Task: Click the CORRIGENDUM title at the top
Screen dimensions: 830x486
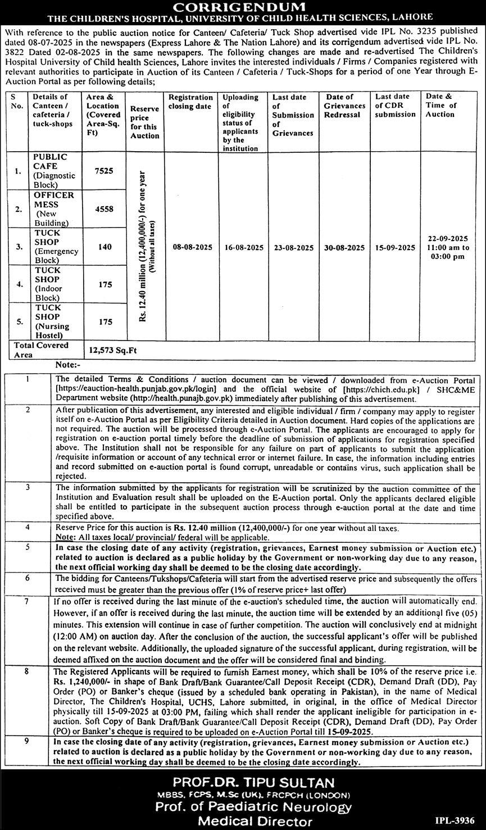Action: pyautogui.click(x=243, y=7)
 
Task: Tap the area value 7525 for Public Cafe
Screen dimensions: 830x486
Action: pyautogui.click(x=105, y=170)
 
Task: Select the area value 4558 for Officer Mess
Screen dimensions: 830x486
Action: pyautogui.click(x=105, y=208)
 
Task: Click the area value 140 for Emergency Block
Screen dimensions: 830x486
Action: pyautogui.click(x=105, y=246)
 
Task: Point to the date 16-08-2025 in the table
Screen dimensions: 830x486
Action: pyautogui.click(x=243, y=247)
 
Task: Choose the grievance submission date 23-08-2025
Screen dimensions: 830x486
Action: pyautogui.click(x=293, y=247)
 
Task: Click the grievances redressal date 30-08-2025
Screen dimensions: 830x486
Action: pyautogui.click(x=344, y=247)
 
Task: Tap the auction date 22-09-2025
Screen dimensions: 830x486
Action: pyautogui.click(x=448, y=239)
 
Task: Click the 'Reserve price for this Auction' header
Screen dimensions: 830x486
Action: pyautogui.click(x=144, y=122)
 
